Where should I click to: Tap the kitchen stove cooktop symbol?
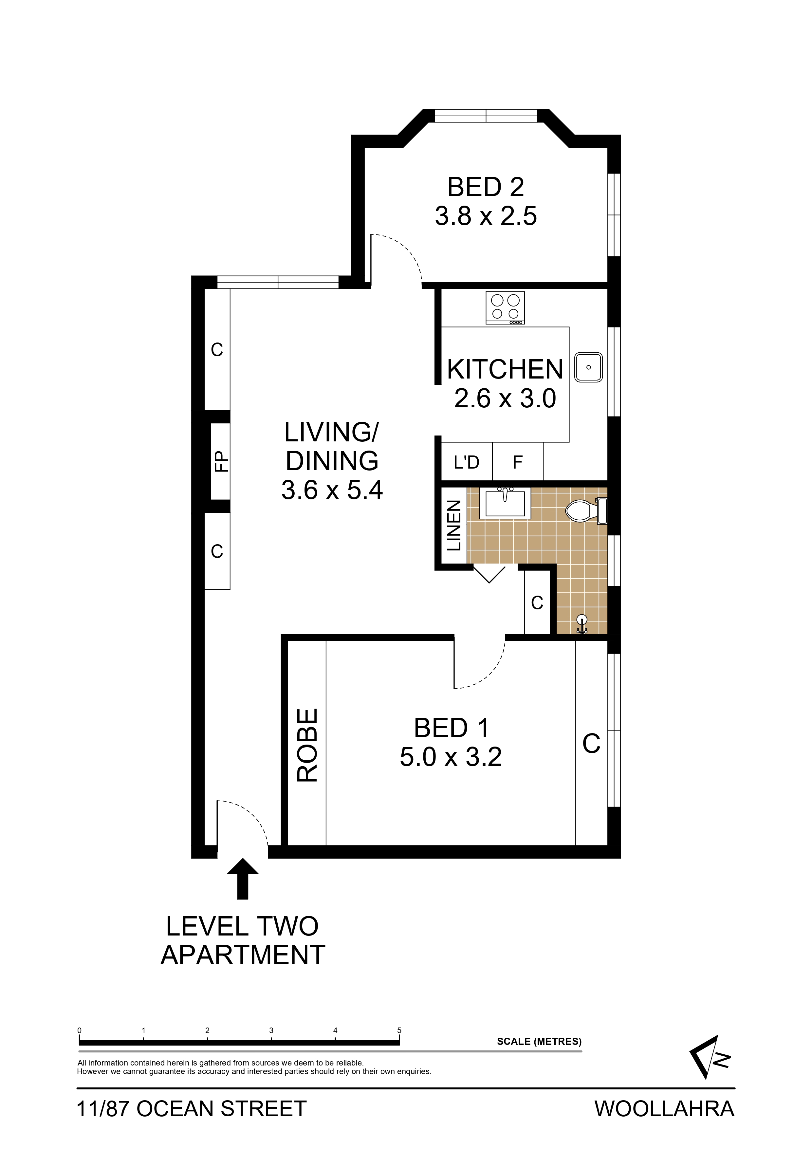(x=505, y=308)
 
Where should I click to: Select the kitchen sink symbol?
(x=588, y=367)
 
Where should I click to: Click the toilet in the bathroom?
(x=586, y=510)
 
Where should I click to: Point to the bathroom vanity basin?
(x=505, y=503)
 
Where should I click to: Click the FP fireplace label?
(x=221, y=461)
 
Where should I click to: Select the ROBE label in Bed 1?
(x=307, y=745)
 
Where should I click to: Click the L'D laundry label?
(x=466, y=462)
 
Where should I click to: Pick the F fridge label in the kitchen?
(x=518, y=462)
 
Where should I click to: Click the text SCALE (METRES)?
(x=539, y=1041)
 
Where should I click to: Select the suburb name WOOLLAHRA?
(x=664, y=1109)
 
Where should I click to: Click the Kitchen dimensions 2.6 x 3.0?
(x=505, y=398)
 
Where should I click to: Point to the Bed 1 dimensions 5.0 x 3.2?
(x=451, y=757)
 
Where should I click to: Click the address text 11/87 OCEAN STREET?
(x=192, y=1109)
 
